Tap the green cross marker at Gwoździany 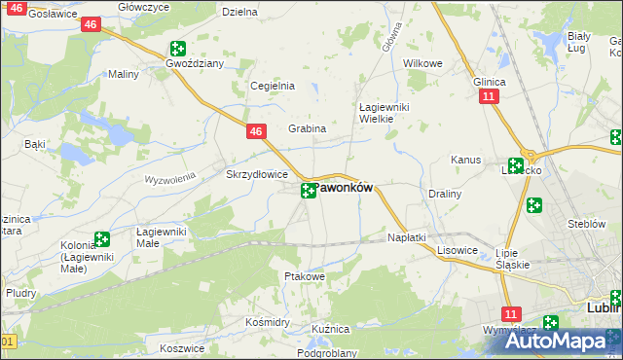click(x=178, y=49)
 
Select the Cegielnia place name click(x=273, y=86)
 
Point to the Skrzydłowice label click(x=256, y=174)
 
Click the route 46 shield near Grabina click(x=255, y=131)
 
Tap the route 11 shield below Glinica click(x=489, y=96)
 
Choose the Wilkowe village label click(x=422, y=62)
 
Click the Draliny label click(x=445, y=194)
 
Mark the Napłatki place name click(x=407, y=237)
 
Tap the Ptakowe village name click(x=304, y=276)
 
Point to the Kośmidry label click(x=269, y=321)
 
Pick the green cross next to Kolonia click(x=102, y=239)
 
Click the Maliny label click(x=124, y=74)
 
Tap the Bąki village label click(x=35, y=144)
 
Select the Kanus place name click(x=466, y=160)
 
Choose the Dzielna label click(x=239, y=13)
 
